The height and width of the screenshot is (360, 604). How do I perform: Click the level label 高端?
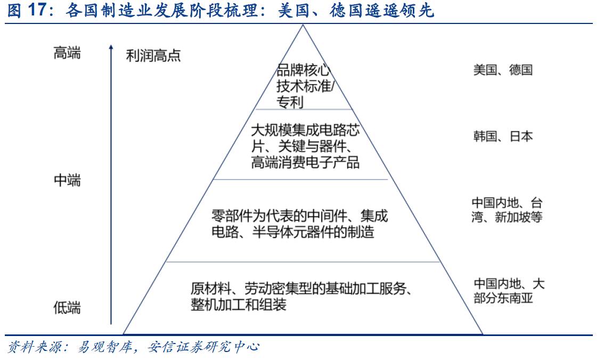point(67,53)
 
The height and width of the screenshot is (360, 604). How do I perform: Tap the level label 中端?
point(67,181)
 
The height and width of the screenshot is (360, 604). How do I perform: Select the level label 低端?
point(67,307)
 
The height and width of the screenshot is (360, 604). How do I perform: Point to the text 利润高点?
point(153,55)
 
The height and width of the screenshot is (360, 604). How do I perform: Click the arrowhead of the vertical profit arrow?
point(111,48)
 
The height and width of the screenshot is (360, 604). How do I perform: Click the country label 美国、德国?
point(503,70)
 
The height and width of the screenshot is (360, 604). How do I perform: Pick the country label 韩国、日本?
point(503,136)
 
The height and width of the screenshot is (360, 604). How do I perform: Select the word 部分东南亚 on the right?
point(503,298)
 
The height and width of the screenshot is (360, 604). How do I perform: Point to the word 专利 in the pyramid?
point(290,102)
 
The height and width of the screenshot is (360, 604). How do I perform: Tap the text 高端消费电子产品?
point(305,162)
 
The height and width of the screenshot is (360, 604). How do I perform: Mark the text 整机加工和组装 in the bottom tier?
point(239,305)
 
